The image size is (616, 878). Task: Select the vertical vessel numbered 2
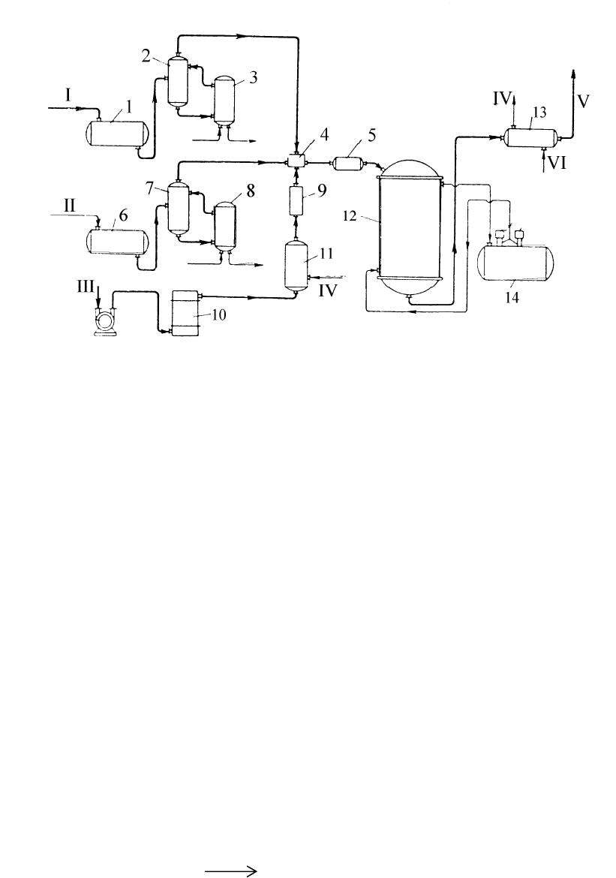click(178, 80)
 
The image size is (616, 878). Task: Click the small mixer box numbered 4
click(298, 161)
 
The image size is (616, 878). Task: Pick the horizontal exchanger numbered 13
click(530, 137)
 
